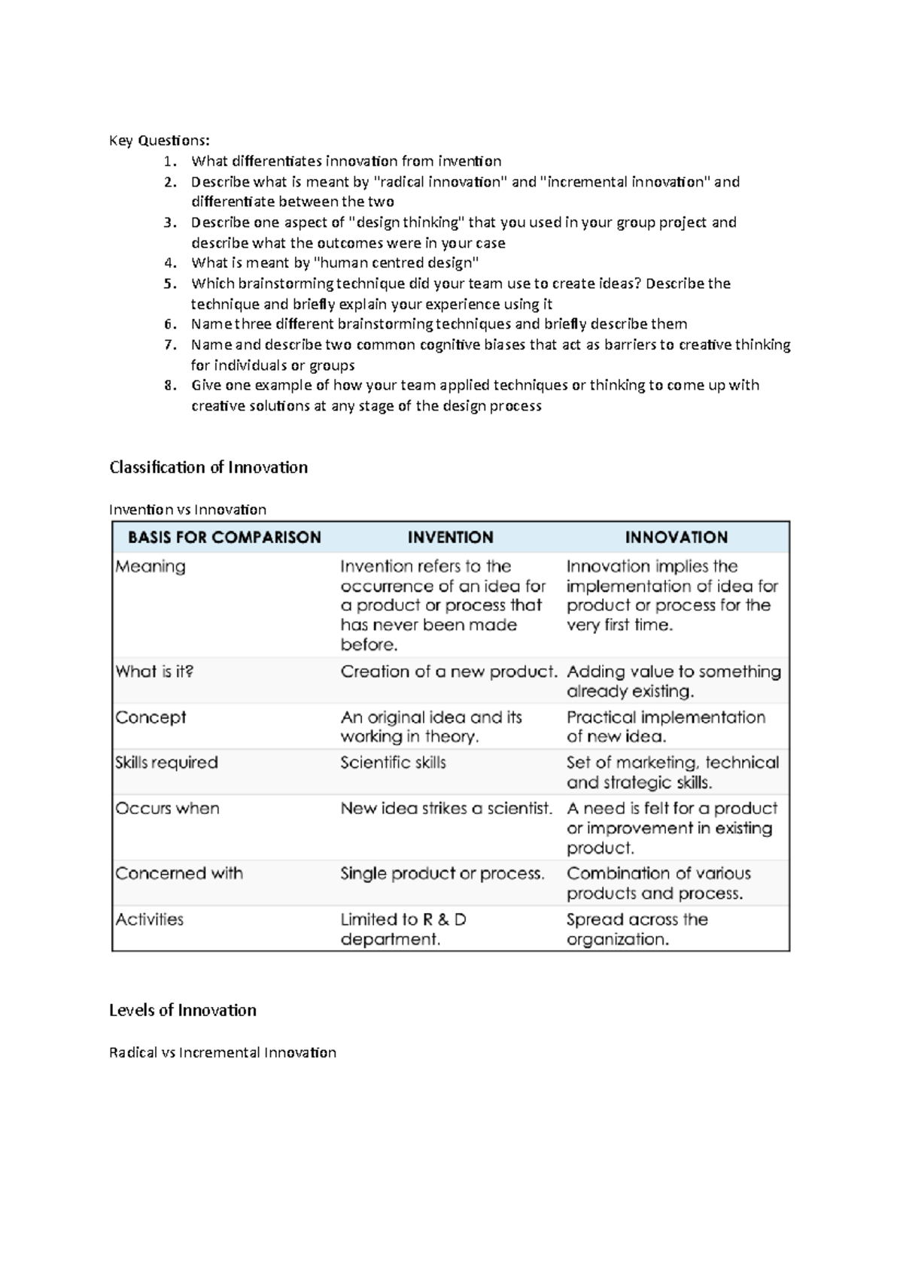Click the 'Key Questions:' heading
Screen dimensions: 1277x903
coord(160,141)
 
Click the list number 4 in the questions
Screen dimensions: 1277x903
coord(170,263)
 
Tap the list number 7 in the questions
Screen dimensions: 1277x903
coord(170,345)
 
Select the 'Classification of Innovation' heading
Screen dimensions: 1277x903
coord(208,468)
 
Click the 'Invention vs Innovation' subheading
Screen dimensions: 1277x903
coord(187,510)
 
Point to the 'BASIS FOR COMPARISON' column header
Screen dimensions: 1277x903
coord(224,538)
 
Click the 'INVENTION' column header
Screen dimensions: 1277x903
coord(450,538)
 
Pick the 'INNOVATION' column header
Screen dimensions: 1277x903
coord(676,538)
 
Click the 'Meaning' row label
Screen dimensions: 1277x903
coord(150,567)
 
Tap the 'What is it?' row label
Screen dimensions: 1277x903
coord(154,672)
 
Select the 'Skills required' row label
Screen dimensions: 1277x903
coord(166,763)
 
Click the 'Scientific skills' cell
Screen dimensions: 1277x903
coord(393,763)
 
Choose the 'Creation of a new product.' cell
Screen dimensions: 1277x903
coord(448,672)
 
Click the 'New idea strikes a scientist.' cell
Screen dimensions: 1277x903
coord(446,808)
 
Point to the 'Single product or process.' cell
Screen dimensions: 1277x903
coord(442,874)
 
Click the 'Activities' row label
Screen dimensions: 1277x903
coord(149,920)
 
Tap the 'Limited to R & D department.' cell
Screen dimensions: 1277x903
coord(403,930)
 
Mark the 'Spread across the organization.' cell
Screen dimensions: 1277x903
coord(637,930)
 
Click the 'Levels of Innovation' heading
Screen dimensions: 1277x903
coord(183,1011)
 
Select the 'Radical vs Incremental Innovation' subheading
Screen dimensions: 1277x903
coord(223,1053)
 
